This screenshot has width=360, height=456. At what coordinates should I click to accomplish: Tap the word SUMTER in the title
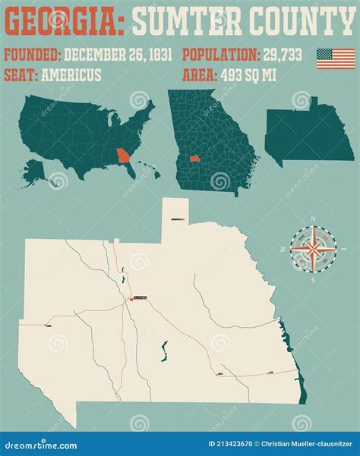click(186, 22)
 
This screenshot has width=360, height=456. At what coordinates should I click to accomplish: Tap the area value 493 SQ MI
click(248, 75)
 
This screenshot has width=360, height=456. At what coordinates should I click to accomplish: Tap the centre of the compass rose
click(313, 249)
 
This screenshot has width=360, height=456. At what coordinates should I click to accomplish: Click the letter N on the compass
click(313, 220)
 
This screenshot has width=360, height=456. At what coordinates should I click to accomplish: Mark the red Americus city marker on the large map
click(131, 299)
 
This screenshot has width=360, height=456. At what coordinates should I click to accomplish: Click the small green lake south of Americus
click(163, 351)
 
